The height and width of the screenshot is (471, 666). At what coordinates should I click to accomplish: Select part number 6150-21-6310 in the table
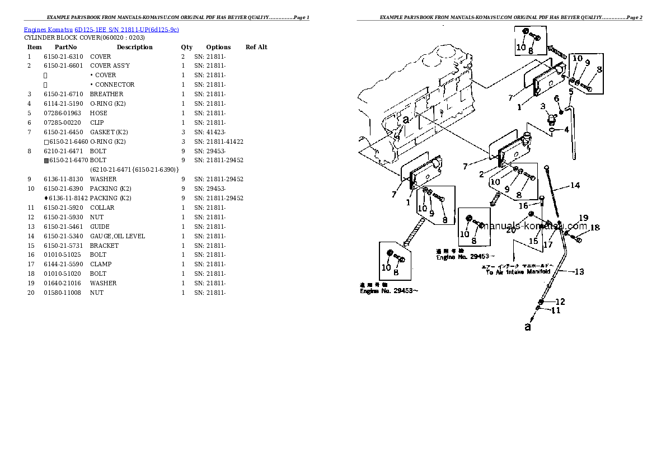pyautogui.click(x=63, y=56)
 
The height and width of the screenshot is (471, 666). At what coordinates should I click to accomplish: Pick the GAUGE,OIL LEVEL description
pyautogui.click(x=117, y=236)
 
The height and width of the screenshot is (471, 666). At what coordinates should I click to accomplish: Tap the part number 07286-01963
pyautogui.click(x=62, y=113)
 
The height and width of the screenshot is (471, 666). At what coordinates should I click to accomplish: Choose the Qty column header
pyautogui.click(x=186, y=47)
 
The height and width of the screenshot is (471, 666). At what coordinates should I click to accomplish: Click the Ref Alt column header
pyautogui.click(x=256, y=47)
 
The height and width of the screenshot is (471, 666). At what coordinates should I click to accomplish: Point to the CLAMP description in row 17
pyautogui.click(x=101, y=264)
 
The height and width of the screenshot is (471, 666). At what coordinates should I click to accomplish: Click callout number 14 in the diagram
pyautogui.click(x=575, y=186)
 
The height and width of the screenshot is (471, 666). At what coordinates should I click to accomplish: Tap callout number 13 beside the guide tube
pyautogui.click(x=579, y=272)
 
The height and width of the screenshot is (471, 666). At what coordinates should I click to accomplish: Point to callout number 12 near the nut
pyautogui.click(x=560, y=302)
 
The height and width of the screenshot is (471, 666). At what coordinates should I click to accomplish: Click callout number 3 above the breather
pyautogui.click(x=542, y=106)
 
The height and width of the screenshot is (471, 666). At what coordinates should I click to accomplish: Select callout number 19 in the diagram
pyautogui.click(x=583, y=218)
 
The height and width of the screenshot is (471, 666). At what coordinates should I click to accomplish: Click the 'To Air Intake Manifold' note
pyautogui.click(x=518, y=271)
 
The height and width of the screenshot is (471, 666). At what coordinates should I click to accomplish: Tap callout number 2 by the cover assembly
pyautogui.click(x=481, y=174)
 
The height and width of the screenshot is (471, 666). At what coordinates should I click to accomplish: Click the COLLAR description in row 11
pyautogui.click(x=102, y=208)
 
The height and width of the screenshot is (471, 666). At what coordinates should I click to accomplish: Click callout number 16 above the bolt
pyautogui.click(x=523, y=206)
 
